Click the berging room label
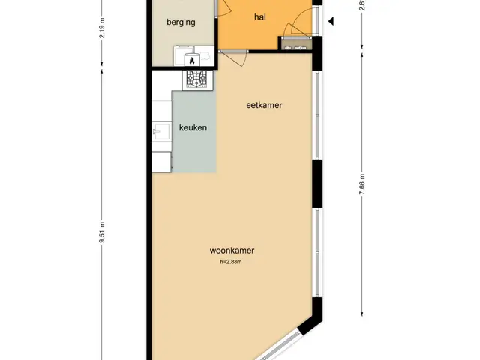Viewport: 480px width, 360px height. point(181,22)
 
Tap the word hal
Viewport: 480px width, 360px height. point(260,16)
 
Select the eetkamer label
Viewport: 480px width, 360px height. point(264,105)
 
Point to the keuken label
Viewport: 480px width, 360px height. point(193,127)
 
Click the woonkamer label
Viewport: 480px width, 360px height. point(232,250)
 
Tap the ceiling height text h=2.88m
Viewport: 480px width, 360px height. point(231,262)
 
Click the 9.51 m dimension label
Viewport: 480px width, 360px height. point(102,232)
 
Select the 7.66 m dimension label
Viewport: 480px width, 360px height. point(362,184)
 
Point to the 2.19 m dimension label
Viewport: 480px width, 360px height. point(102,28)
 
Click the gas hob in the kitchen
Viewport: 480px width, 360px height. point(197,79)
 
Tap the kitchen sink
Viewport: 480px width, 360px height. point(161,132)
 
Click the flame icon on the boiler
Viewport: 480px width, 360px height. point(192,60)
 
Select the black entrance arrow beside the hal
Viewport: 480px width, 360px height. point(331,21)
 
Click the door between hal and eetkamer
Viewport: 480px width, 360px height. point(233,57)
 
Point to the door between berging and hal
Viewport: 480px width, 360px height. point(223,8)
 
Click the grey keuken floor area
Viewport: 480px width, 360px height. point(194,132)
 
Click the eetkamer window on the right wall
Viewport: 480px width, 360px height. point(317,115)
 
